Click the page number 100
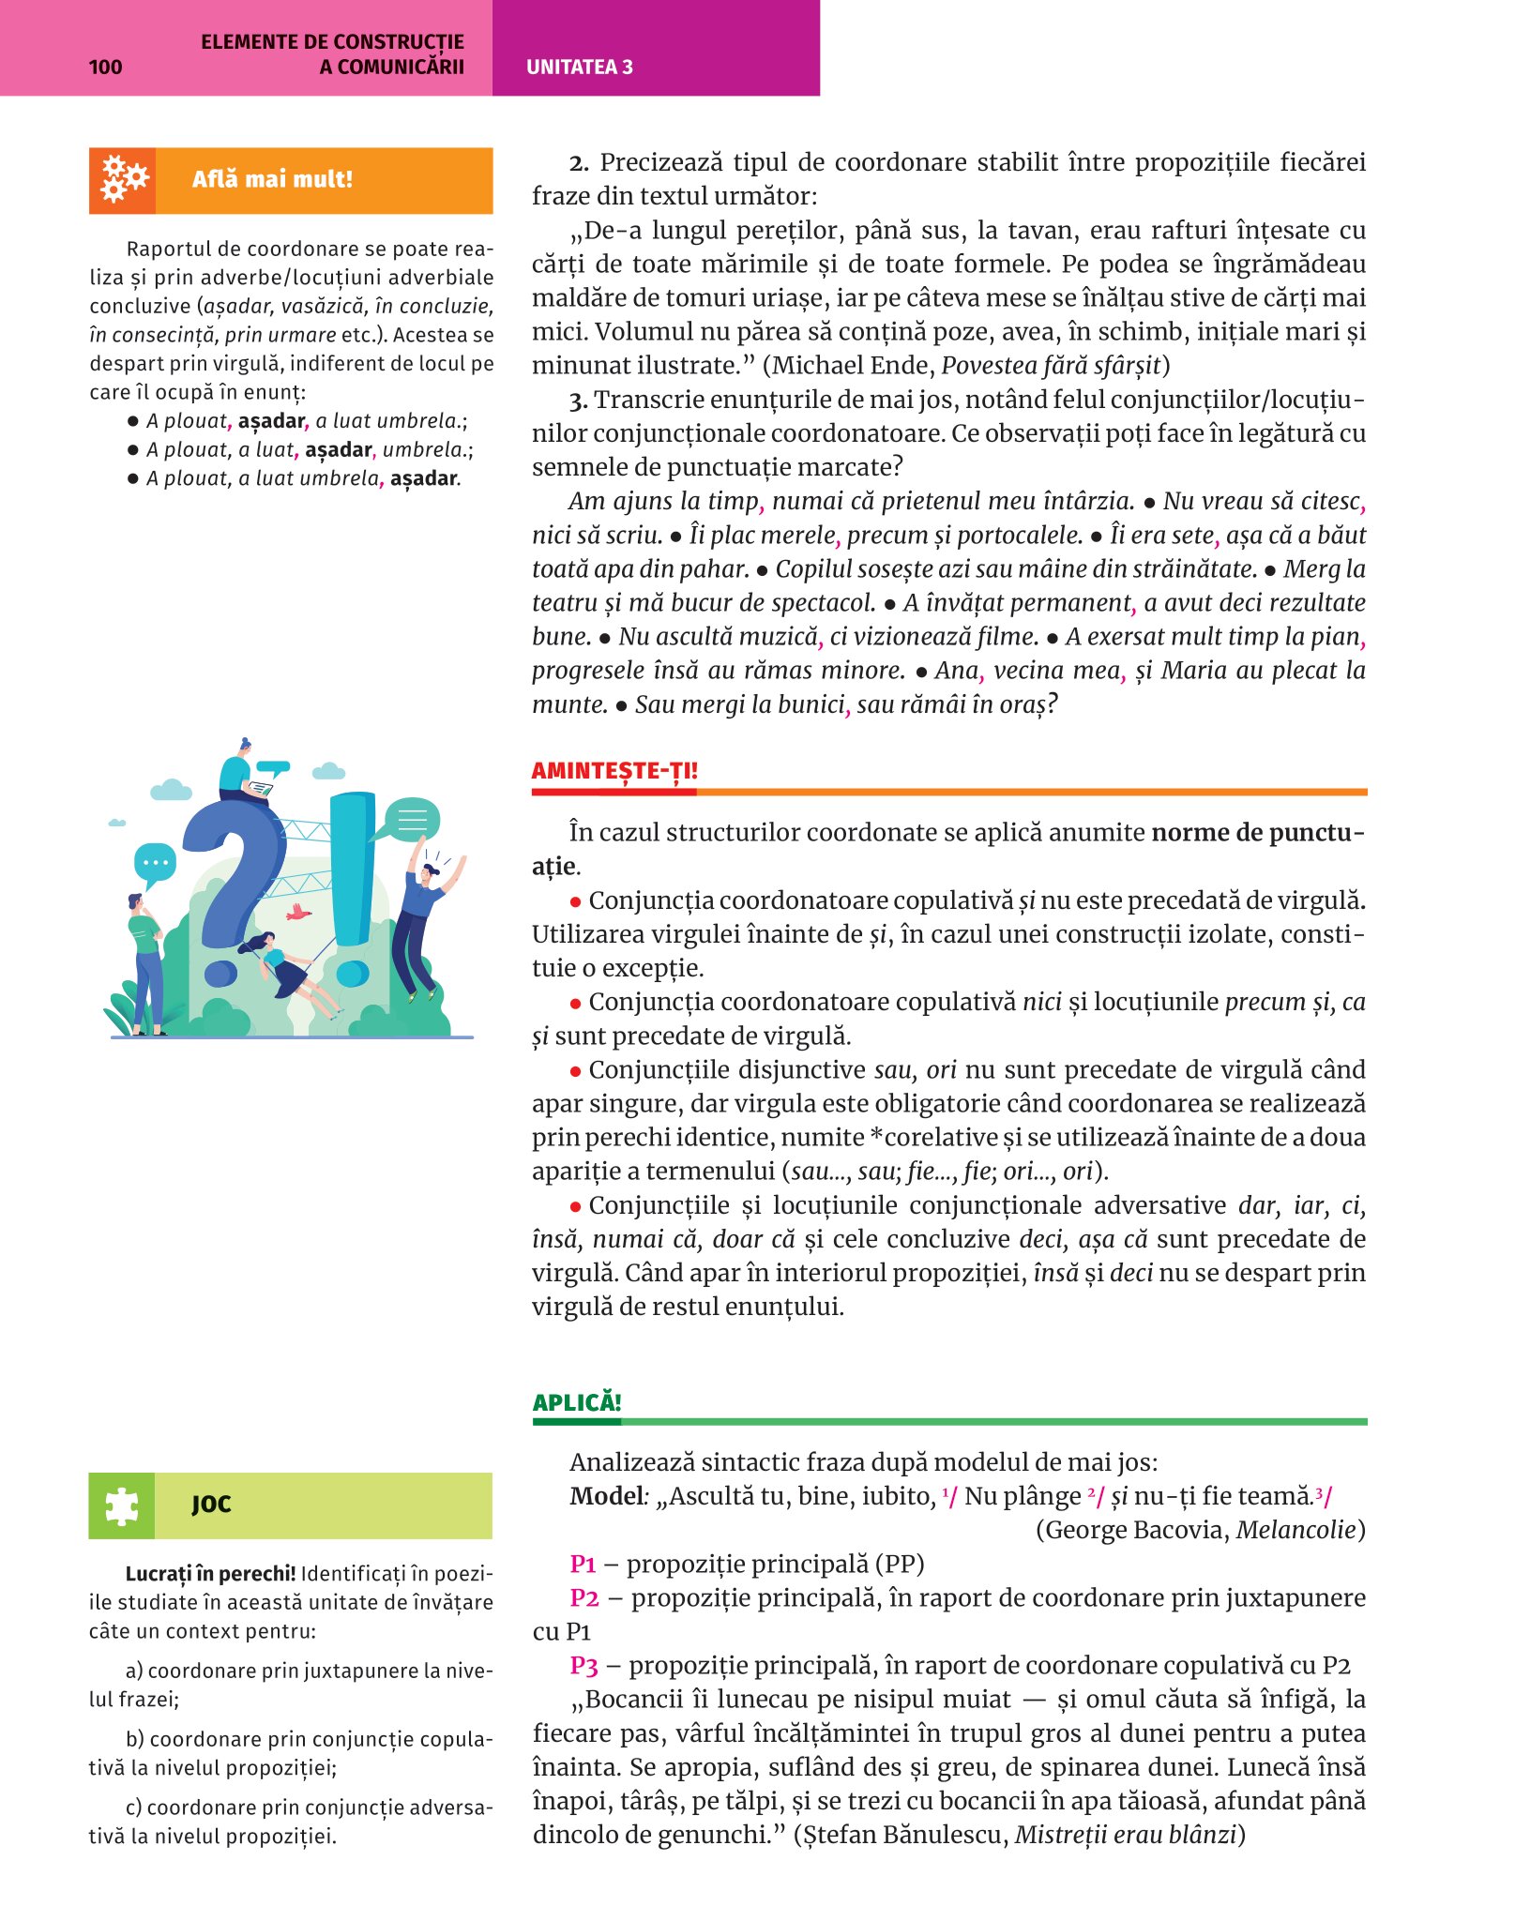coord(105,67)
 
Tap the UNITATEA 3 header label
coord(579,67)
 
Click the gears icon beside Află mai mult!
coord(123,179)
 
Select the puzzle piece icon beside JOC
coord(122,1505)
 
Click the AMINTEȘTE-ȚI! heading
coord(614,771)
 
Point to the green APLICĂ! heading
coord(577,1402)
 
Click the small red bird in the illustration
coord(298,911)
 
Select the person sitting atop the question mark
coord(240,771)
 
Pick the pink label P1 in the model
coord(583,1564)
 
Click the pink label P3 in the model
coord(583,1665)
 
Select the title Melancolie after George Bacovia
coord(1296,1530)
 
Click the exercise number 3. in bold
coord(578,401)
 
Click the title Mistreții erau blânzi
coord(1126,1835)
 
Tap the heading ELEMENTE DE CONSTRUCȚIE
coord(332,41)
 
